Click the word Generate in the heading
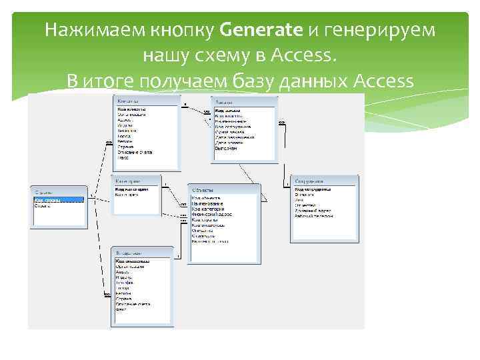click(260, 31)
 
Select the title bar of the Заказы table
click(244, 102)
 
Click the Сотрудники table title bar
click(324, 181)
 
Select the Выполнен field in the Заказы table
click(227, 148)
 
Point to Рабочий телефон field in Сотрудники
click(314, 216)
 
